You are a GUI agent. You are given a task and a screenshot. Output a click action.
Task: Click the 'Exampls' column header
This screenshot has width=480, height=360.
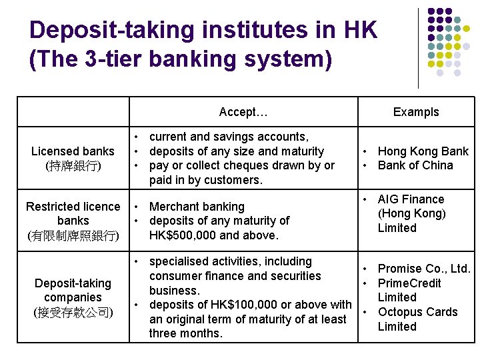(x=416, y=112)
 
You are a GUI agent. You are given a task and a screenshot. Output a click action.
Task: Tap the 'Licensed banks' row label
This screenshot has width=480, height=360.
(x=73, y=152)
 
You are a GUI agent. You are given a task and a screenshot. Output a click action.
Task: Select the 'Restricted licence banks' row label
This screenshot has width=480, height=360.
(x=73, y=213)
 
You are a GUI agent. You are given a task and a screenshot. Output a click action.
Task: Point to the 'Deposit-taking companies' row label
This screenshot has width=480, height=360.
(x=73, y=290)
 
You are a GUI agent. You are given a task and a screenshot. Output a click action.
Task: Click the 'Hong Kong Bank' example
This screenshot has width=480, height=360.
(x=423, y=151)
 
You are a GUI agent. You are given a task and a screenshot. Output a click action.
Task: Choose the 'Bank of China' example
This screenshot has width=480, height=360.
(x=415, y=165)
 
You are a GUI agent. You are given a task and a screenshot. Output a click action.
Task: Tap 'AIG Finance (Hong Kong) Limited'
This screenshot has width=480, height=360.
(x=411, y=213)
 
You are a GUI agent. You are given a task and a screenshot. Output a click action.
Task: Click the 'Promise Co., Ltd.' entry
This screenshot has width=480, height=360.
(x=424, y=269)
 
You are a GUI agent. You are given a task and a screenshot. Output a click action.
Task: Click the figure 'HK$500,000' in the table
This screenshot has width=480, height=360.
(x=183, y=235)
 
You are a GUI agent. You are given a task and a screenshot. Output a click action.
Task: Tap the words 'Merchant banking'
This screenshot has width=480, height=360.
(x=197, y=207)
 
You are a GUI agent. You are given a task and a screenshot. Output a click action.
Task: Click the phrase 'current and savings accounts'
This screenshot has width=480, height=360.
(x=229, y=137)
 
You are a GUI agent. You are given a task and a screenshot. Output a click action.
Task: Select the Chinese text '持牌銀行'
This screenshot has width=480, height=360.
(x=73, y=166)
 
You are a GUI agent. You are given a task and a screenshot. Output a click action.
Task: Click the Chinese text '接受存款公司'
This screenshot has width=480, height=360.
(x=73, y=312)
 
